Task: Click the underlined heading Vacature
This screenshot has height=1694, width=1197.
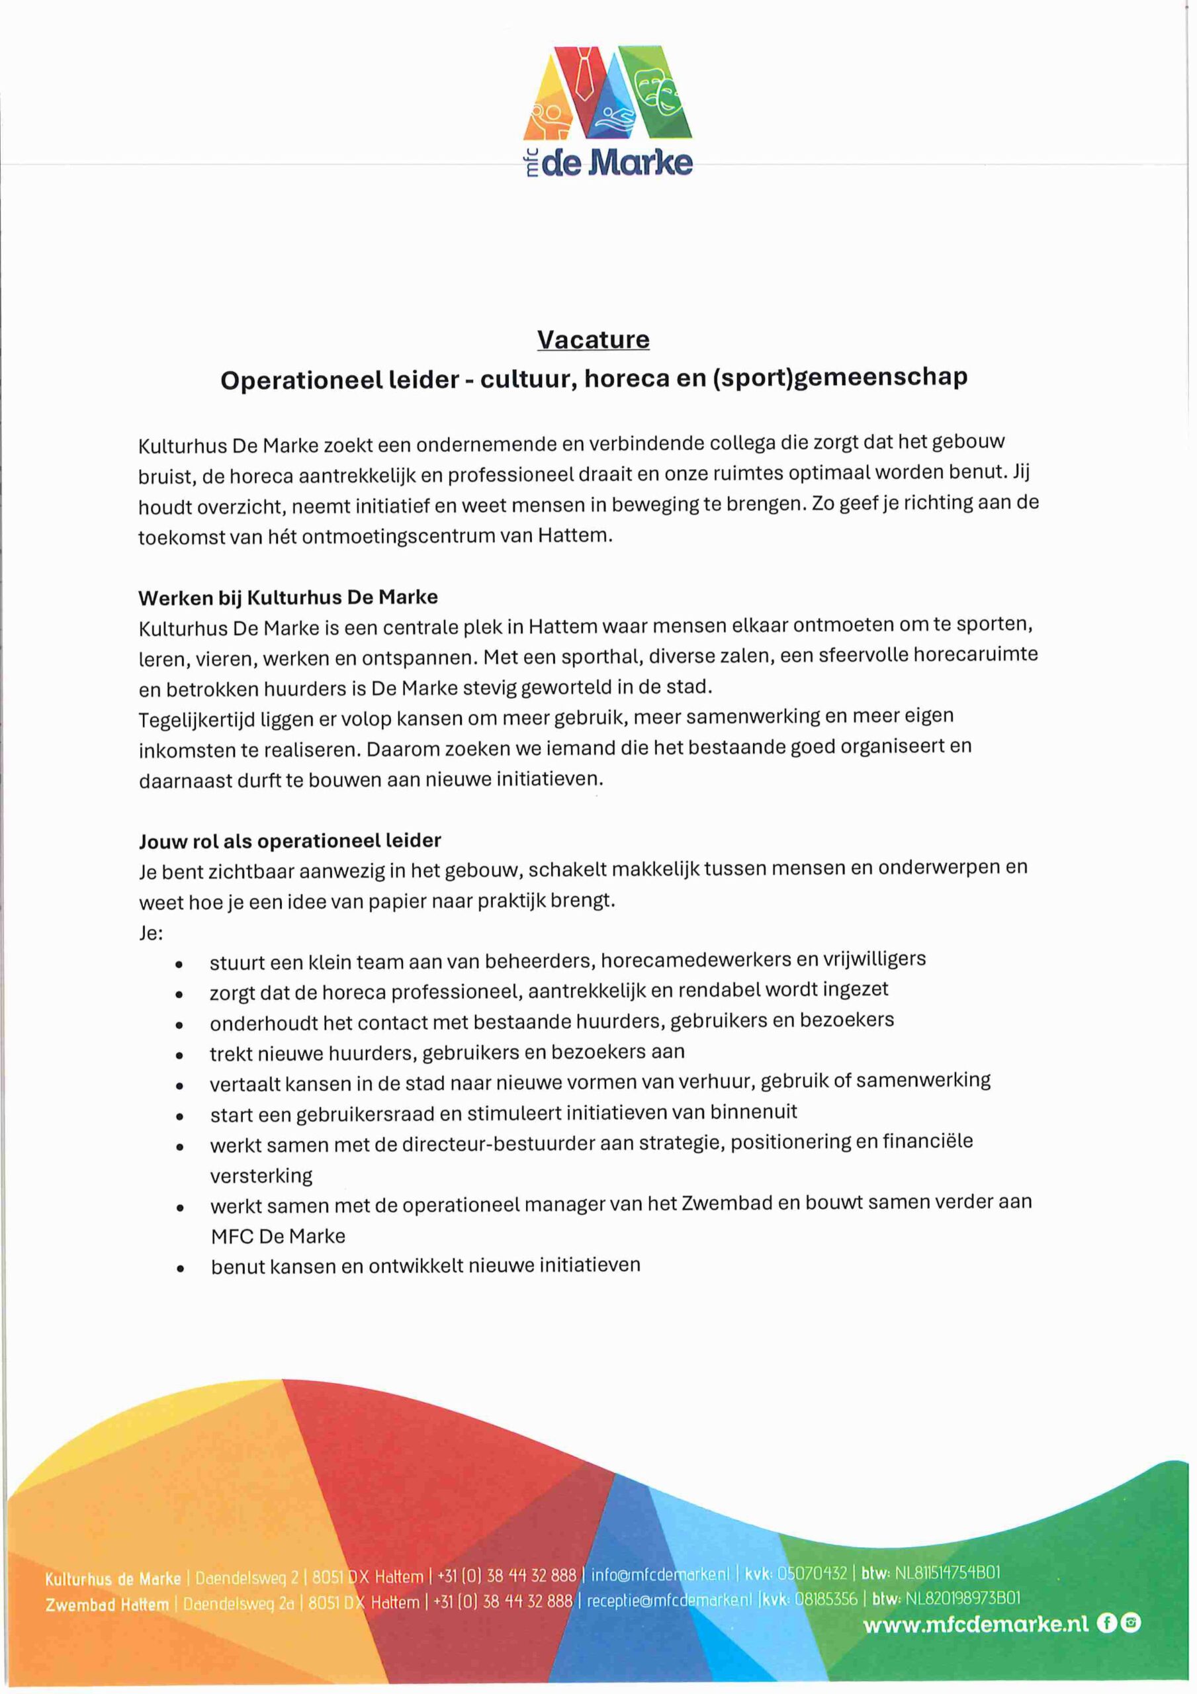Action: point(594,339)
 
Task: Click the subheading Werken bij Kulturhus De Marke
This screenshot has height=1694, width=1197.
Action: point(288,596)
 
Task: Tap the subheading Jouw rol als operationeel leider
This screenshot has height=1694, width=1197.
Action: point(290,840)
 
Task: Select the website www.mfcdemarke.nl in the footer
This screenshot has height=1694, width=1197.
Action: point(975,1623)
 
